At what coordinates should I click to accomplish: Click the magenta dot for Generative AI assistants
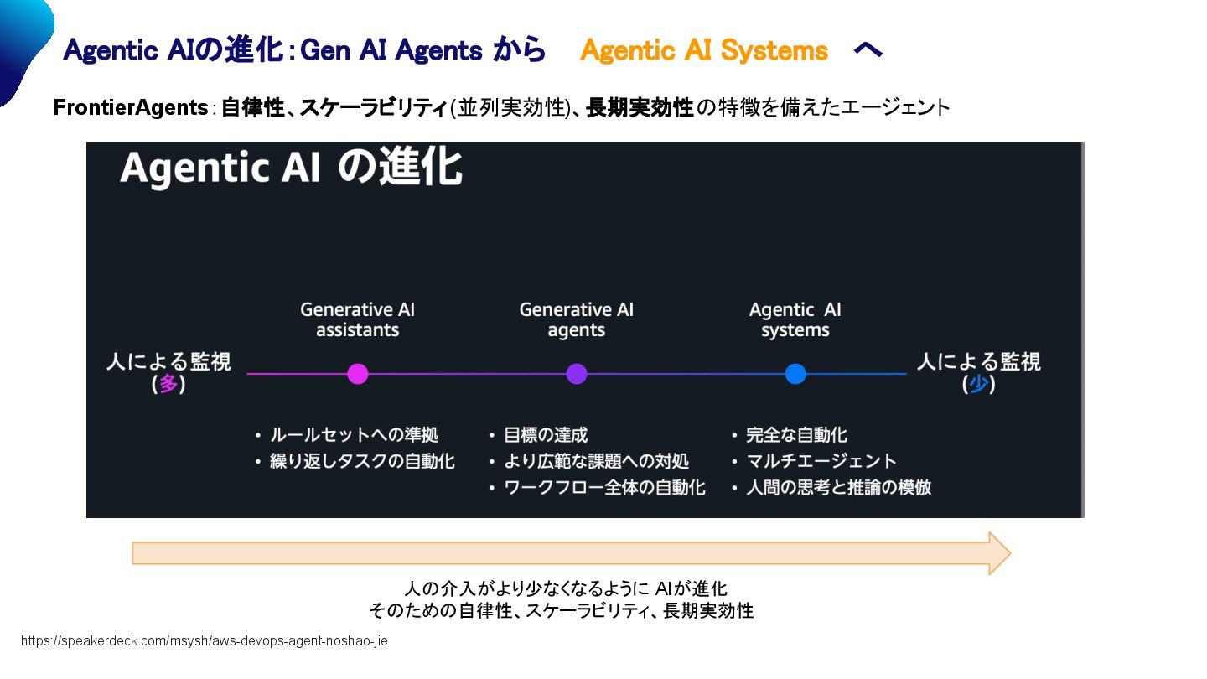(x=358, y=374)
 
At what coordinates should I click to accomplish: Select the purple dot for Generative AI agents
(x=577, y=374)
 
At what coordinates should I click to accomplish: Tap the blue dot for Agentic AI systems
(x=795, y=374)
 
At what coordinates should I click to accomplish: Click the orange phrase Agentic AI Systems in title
(x=703, y=51)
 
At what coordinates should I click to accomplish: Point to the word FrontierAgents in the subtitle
(x=131, y=108)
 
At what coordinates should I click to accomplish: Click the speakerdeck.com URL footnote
(x=205, y=641)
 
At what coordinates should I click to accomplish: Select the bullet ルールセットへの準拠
(x=354, y=435)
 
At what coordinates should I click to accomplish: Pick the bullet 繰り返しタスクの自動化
(x=362, y=461)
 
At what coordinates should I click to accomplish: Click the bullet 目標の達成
(x=546, y=435)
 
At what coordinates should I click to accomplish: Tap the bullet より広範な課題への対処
(x=596, y=461)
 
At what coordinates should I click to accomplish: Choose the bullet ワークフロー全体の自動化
(x=604, y=487)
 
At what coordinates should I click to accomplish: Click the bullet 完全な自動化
(x=796, y=435)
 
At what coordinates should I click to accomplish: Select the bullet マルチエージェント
(x=821, y=461)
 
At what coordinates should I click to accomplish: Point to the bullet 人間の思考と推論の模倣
(x=838, y=487)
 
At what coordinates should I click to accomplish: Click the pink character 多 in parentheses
(x=168, y=385)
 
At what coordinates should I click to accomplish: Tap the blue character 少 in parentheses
(x=978, y=385)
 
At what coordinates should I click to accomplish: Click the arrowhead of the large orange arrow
(x=999, y=553)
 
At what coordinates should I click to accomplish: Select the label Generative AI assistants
(x=358, y=320)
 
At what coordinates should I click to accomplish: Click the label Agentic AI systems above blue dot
(x=795, y=320)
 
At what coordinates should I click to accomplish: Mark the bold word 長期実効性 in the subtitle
(x=640, y=108)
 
